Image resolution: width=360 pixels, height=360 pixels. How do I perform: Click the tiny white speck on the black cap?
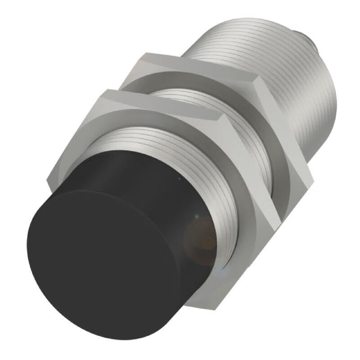180,180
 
